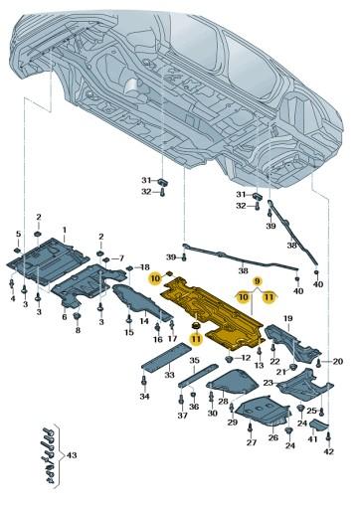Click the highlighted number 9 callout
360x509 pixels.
(x=257, y=281)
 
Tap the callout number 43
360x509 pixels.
(x=71, y=455)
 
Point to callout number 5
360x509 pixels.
(x=17, y=234)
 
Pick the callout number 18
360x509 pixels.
(x=144, y=268)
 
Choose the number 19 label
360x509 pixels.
(x=288, y=318)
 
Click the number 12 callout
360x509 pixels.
(x=246, y=356)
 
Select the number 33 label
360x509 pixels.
(x=169, y=375)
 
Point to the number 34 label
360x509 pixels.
(x=144, y=397)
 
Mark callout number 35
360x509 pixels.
(x=194, y=360)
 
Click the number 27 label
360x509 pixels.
(x=251, y=442)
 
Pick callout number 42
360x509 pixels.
(x=329, y=452)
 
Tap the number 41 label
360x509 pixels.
(x=311, y=438)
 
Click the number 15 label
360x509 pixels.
(x=128, y=332)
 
